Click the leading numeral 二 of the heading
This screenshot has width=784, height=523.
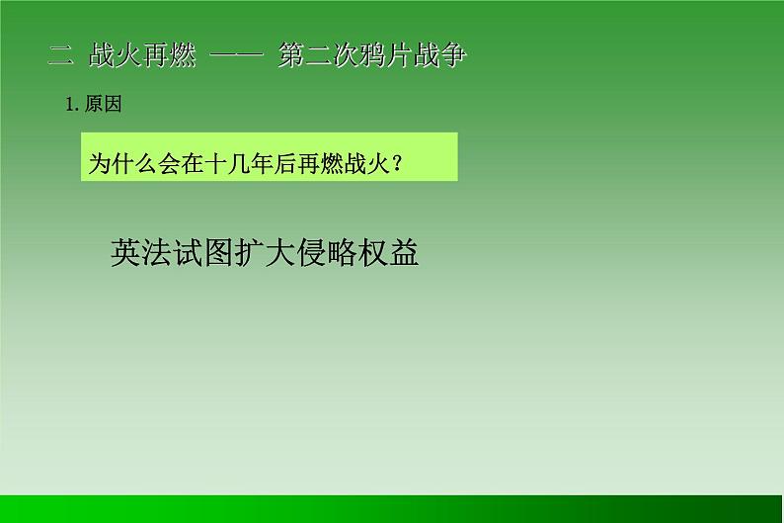pyautogui.click(x=60, y=56)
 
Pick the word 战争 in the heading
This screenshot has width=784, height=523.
pyautogui.click(x=441, y=56)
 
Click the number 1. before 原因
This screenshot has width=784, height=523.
pyautogui.click(x=72, y=105)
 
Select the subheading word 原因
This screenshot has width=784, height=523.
pyautogui.click(x=103, y=105)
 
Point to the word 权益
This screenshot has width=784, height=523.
pyautogui.click(x=389, y=253)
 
